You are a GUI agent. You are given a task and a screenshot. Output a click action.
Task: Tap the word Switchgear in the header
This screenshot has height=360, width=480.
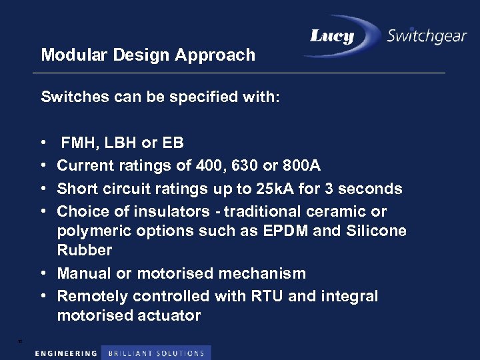tap(427, 36)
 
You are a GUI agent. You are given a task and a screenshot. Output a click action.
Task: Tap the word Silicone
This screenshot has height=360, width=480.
tap(377, 231)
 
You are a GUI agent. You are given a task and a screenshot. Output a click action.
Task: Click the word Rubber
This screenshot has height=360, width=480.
tap(85, 251)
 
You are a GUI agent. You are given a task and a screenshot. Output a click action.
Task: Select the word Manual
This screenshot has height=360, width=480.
tap(83, 273)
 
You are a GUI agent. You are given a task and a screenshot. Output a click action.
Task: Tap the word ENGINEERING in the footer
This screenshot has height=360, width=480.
tap(65, 353)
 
